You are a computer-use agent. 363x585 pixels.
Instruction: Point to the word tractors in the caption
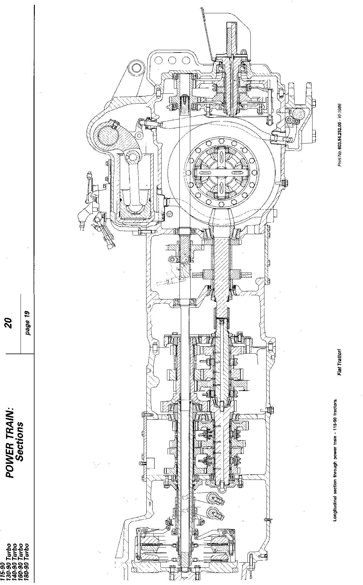(335, 407)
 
